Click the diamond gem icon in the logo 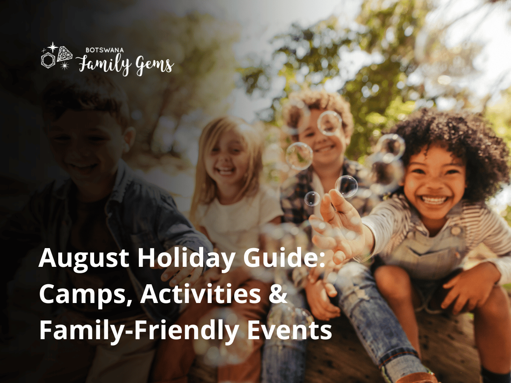click(x=64, y=54)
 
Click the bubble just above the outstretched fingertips click(x=346, y=186)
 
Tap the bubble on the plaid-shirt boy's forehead click(x=330, y=123)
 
